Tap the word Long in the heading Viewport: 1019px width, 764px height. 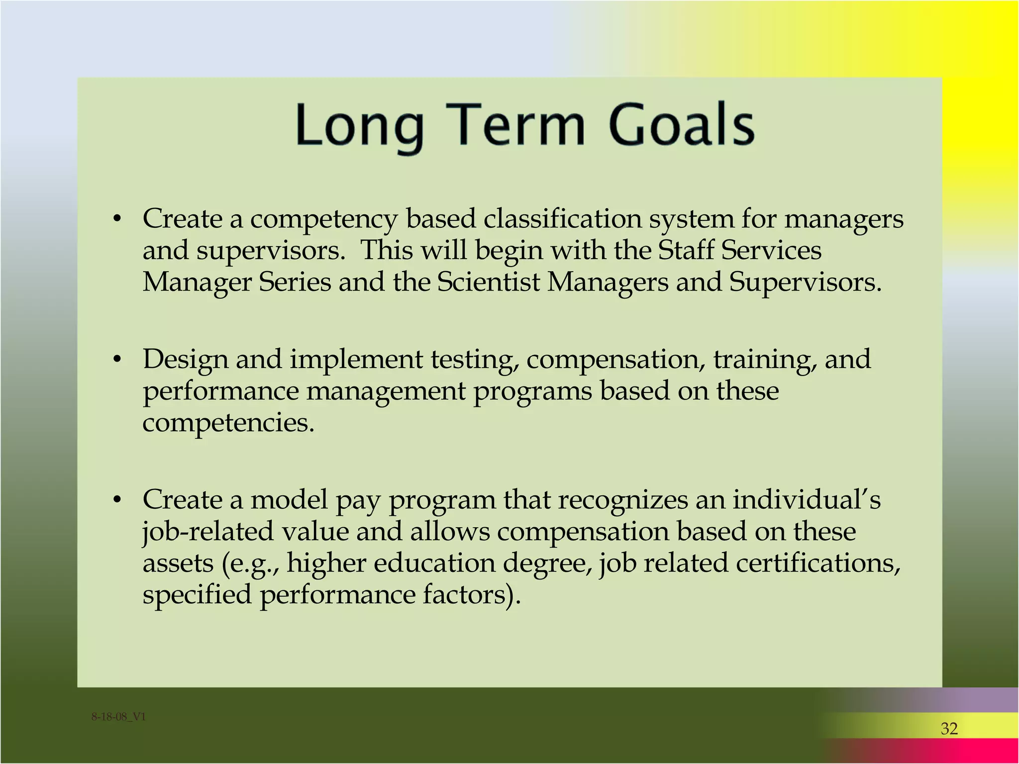click(359, 125)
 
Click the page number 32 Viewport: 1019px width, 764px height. click(949, 729)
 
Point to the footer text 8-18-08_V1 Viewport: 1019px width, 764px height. click(118, 717)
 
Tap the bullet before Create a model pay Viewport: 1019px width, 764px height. click(117, 500)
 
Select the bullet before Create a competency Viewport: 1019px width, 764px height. click(117, 219)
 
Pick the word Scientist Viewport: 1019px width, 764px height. click(488, 282)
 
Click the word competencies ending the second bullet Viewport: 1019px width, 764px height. click(228, 423)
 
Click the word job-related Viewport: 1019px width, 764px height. click(208, 531)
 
